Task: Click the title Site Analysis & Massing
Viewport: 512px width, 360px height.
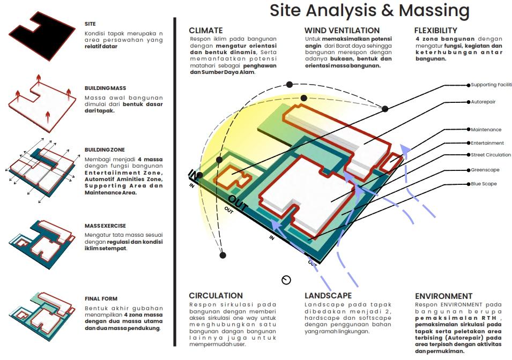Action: pyautogui.click(x=369, y=11)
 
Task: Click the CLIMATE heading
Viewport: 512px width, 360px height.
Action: pyautogui.click(x=206, y=31)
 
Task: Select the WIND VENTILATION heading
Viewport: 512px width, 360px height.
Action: pyautogui.click(x=342, y=31)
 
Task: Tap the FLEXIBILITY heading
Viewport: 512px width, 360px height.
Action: pyautogui.click(x=435, y=31)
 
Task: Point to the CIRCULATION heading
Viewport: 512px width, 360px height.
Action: pyautogui.click(x=216, y=295)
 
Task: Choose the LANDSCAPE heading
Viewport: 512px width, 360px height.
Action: pyautogui.click(x=328, y=295)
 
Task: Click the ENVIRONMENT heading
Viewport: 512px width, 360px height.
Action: pyautogui.click(x=443, y=296)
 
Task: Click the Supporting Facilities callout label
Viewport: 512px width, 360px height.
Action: pyautogui.click(x=491, y=85)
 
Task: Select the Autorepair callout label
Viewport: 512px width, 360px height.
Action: pyautogui.click(x=485, y=101)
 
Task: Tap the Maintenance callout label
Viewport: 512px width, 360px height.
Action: pyautogui.click(x=486, y=130)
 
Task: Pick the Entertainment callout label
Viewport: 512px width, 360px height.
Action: pyautogui.click(x=487, y=143)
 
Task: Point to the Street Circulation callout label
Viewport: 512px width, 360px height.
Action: pyautogui.click(x=491, y=155)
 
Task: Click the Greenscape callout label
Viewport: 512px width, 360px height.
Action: pyautogui.click(x=485, y=170)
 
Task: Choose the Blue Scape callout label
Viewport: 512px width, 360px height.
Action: pyautogui.click(x=484, y=184)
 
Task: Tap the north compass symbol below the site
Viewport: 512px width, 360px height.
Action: pyautogui.click(x=286, y=280)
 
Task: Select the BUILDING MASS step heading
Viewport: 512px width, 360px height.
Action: pyautogui.click(x=105, y=88)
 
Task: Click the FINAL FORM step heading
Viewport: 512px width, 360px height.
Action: pyautogui.click(x=100, y=298)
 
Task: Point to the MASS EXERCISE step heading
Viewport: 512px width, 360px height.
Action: pyautogui.click(x=105, y=226)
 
